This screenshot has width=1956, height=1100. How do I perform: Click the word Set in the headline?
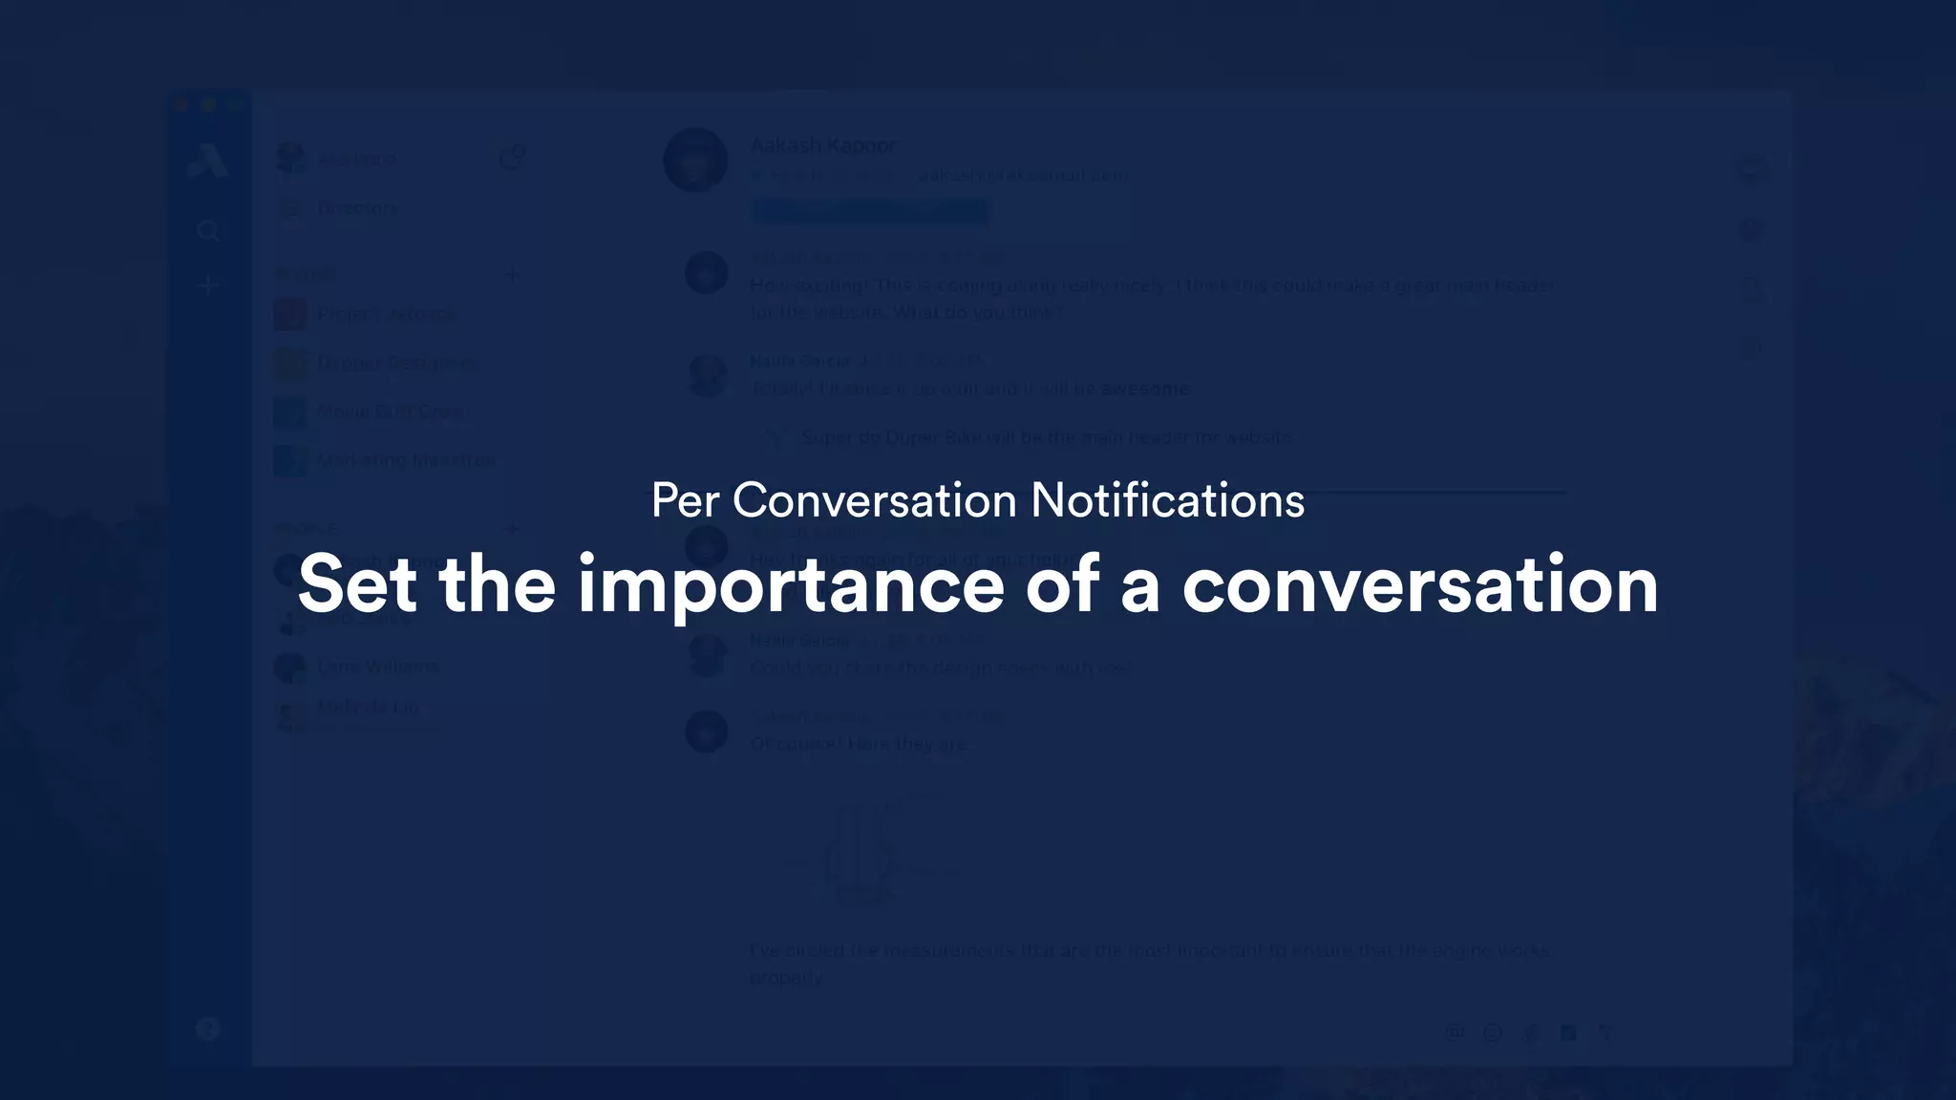point(357,584)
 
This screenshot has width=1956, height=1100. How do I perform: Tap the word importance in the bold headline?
point(790,584)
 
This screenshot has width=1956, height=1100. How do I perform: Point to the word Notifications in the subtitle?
point(1167,500)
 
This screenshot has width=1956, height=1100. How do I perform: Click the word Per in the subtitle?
point(685,500)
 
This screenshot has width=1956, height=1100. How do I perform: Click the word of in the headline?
point(1061,584)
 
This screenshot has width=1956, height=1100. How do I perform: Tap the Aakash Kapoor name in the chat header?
point(823,146)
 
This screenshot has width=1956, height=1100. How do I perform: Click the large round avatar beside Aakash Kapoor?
point(695,159)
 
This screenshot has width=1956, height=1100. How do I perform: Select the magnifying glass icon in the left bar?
point(208,231)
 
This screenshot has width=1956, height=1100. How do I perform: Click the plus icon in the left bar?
point(208,286)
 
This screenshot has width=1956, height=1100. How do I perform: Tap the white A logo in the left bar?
point(207,160)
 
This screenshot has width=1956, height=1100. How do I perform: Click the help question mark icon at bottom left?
point(208,1028)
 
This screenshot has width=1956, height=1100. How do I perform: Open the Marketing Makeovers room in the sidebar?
point(406,461)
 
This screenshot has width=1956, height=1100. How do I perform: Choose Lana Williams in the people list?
point(378,666)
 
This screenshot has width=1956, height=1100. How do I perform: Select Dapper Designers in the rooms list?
point(394,363)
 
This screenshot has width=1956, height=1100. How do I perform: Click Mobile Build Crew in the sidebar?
point(391,412)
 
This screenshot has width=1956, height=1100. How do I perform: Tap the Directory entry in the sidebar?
point(356,209)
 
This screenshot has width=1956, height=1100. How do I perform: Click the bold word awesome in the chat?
point(1145,389)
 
